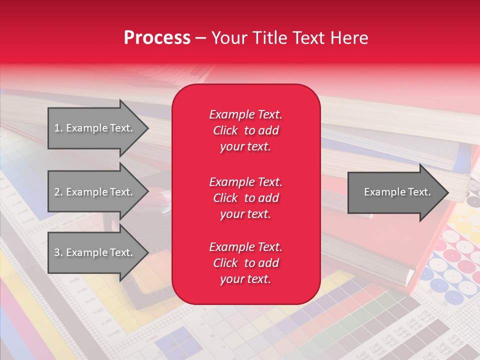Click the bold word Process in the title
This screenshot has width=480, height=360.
[157, 38]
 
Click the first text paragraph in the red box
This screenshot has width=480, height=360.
[245, 130]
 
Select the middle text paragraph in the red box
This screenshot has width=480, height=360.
[245, 198]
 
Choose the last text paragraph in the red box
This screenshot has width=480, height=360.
[245, 263]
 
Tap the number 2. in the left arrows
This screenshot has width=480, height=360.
[58, 192]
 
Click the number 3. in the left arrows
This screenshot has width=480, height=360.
[58, 252]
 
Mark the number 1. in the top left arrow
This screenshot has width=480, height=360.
[58, 128]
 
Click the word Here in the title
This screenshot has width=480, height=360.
[349, 38]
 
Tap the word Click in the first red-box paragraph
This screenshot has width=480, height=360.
[225, 130]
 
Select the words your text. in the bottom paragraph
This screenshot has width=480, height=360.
[245, 279]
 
